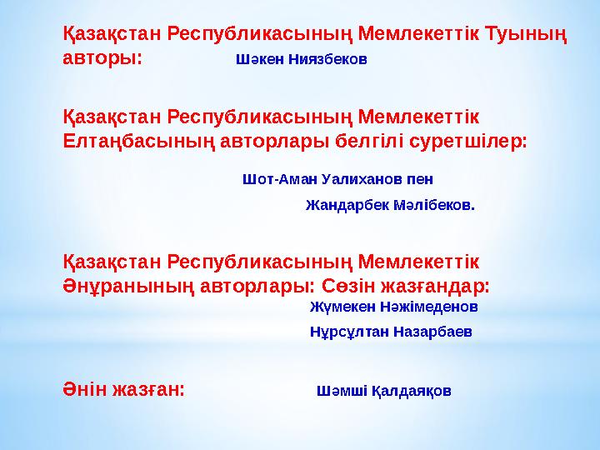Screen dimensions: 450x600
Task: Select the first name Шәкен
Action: point(259,61)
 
